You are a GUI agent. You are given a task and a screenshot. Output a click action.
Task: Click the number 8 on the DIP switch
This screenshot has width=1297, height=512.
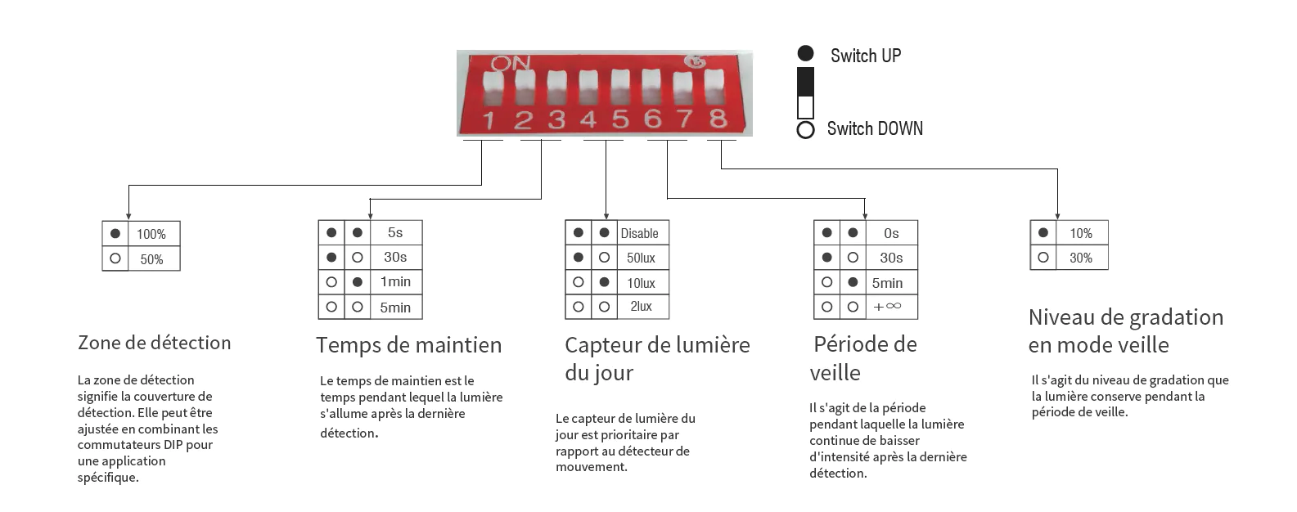click(718, 119)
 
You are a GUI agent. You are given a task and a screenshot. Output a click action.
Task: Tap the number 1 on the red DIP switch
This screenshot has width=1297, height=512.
click(489, 121)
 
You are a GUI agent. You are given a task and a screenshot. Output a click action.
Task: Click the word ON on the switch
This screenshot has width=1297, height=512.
click(511, 63)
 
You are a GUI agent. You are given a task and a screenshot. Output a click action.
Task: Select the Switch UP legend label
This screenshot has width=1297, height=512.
click(865, 56)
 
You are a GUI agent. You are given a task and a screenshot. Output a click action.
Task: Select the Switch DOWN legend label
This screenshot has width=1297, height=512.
click(874, 128)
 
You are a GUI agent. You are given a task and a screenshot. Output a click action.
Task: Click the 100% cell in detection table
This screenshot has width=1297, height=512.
click(151, 234)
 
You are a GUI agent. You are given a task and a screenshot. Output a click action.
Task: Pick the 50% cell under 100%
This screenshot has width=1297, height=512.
click(151, 259)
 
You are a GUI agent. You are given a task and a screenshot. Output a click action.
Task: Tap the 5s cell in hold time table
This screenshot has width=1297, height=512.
click(395, 232)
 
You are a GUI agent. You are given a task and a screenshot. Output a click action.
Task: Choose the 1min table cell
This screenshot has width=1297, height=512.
click(395, 281)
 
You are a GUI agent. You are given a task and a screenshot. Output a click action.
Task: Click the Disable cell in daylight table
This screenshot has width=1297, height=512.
click(639, 233)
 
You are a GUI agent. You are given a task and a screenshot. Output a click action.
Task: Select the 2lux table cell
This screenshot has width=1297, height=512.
click(641, 307)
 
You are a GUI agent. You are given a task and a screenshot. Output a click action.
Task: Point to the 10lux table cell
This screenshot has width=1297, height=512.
click(641, 283)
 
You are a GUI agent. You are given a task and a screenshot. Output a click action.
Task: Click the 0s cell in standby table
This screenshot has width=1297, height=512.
click(891, 233)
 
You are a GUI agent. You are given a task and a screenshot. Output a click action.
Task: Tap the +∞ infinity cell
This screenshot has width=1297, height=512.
click(887, 307)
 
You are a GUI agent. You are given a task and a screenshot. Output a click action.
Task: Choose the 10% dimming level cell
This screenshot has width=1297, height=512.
click(1080, 233)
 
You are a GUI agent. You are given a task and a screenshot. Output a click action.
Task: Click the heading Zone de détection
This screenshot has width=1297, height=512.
click(154, 343)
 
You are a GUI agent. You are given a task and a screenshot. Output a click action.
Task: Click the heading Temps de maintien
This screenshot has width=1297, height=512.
click(408, 345)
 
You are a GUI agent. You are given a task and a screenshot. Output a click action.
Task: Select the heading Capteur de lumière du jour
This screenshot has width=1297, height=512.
click(656, 358)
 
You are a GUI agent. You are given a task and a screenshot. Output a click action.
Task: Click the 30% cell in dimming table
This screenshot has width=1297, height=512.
click(1080, 258)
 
